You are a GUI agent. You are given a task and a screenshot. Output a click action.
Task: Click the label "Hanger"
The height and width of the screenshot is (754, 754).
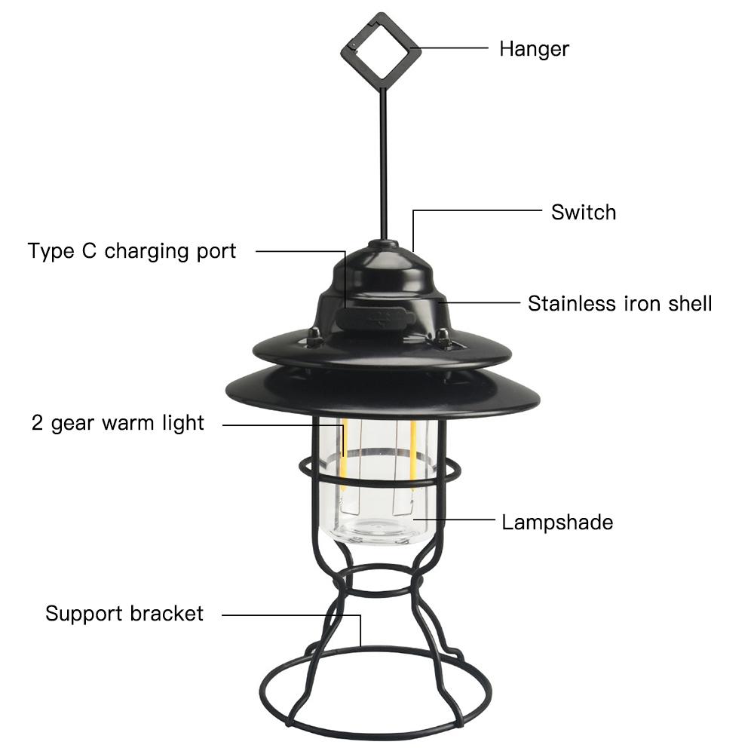(534, 49)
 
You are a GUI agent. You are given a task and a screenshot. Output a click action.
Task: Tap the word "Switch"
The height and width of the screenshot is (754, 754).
(584, 212)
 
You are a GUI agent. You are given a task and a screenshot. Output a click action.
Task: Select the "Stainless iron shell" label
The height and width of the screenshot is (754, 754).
(619, 303)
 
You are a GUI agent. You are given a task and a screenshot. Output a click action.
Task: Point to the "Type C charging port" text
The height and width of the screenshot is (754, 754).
(132, 251)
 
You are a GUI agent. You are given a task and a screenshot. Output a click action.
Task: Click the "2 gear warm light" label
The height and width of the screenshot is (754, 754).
(118, 423)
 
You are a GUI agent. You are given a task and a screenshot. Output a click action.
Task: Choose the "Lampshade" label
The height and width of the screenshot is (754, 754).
(557, 523)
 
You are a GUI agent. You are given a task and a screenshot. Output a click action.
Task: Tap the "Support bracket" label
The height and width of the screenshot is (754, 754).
(124, 614)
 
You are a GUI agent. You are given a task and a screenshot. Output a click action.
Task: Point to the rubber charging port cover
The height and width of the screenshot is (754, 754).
(375, 318)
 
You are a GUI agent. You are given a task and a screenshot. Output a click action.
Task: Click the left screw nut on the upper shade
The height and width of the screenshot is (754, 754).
(314, 336)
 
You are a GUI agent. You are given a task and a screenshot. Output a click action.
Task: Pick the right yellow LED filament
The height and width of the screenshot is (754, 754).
(412, 457)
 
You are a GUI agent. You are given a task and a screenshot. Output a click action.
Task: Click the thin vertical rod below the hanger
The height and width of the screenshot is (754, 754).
(383, 164)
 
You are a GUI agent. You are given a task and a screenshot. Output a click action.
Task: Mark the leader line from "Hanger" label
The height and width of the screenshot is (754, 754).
(455, 48)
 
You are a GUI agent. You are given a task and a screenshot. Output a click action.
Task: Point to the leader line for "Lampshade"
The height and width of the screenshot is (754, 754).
(454, 520)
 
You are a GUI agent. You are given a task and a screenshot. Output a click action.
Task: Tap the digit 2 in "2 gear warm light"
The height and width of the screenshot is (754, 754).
(37, 423)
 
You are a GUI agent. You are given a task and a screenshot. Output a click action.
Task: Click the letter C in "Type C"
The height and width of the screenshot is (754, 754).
(89, 251)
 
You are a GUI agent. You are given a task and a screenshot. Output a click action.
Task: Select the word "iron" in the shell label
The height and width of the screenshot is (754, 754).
(642, 303)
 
